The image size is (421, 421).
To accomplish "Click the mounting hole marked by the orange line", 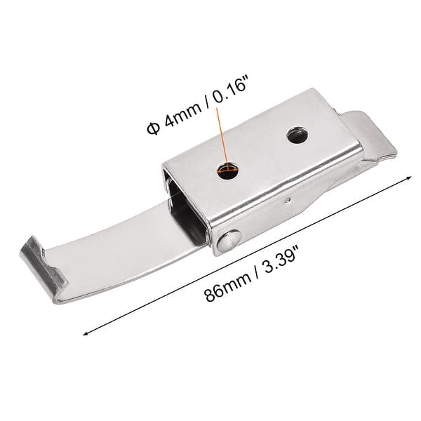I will [x=227, y=170].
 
